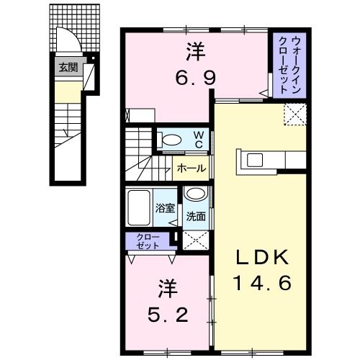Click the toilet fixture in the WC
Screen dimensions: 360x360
pos(170,140)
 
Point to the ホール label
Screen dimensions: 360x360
pos(190,168)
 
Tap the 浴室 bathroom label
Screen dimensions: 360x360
pos(165,209)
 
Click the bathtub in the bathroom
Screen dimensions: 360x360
pos(139,209)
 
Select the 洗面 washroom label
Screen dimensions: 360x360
pos(195,215)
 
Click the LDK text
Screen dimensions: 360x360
pos(261,257)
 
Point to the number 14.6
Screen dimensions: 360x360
pos(261,283)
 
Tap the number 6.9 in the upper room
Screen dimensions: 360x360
pos(194,78)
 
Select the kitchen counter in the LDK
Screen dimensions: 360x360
pos(264,158)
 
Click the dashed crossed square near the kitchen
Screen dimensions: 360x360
pos(295,114)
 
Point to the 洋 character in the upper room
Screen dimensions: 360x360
pos(194,51)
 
